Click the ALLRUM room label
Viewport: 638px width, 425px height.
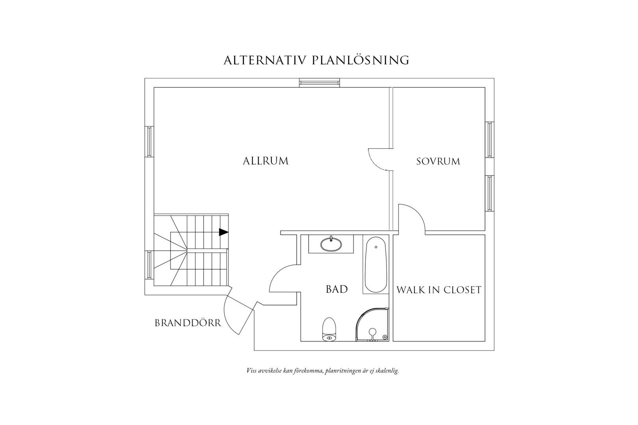click(266, 161)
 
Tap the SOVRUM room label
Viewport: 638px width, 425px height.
click(438, 161)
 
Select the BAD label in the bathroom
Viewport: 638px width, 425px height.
click(337, 289)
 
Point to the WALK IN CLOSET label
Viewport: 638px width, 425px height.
click(439, 290)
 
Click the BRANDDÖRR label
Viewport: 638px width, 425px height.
click(188, 323)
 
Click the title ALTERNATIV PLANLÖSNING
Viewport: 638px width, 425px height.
click(316, 60)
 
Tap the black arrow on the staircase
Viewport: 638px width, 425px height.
click(224, 232)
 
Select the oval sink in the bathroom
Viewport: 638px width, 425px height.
click(331, 244)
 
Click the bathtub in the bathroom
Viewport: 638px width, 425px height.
click(376, 264)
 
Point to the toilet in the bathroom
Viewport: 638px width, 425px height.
click(329, 329)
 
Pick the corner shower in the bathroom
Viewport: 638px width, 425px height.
click(372, 324)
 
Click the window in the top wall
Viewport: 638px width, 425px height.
click(319, 83)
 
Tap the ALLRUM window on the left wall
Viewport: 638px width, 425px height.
click(149, 142)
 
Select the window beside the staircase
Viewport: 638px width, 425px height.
click(149, 265)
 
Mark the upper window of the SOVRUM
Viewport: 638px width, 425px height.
click(489, 139)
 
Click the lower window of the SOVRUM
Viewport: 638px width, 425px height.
click(489, 193)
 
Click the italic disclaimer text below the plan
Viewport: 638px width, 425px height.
click(323, 371)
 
